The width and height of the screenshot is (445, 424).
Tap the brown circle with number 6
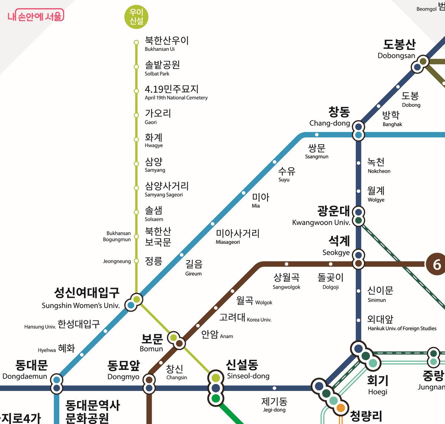[436, 264]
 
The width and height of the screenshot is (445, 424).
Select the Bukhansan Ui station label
[167, 43]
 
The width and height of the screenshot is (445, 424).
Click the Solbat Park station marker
[136, 67]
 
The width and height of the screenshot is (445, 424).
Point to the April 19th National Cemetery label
[176, 92]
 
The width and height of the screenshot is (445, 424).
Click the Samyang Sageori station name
[167, 189]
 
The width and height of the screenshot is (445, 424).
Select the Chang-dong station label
[330, 116]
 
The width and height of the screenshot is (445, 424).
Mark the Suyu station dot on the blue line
[274, 162]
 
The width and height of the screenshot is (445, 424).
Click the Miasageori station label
[237, 236]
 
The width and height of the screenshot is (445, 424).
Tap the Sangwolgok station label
[286, 281]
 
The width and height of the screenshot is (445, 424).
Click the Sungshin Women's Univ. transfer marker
[133, 302]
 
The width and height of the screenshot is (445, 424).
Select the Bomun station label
[152, 343]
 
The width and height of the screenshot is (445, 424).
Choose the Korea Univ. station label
[245, 318]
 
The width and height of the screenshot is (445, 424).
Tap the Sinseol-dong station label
[248, 369]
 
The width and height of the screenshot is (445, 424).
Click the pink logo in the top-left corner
[36, 16]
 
